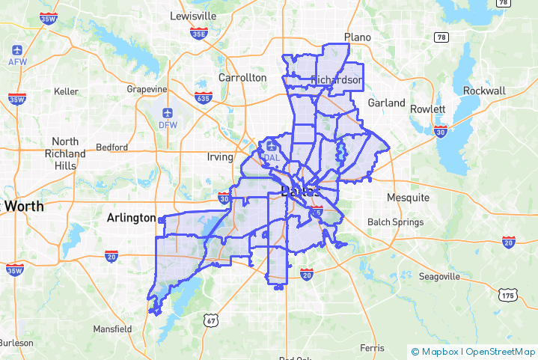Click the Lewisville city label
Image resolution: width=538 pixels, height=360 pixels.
coord(192,16)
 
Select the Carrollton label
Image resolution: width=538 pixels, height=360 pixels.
coord(242,77)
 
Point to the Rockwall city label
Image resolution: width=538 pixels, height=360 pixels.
coord(484,91)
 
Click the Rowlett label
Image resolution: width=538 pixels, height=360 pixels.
coord(427,109)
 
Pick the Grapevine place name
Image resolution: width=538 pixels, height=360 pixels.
coord(147,89)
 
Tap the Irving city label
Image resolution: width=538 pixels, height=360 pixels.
coord(220,157)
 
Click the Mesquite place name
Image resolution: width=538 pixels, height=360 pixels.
coord(408,198)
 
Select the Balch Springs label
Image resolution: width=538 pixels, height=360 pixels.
coord(395,222)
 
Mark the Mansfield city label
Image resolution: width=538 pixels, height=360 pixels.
coord(111,329)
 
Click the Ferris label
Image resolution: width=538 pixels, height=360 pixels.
coord(371,348)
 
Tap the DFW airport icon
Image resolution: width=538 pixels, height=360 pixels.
coord(167,113)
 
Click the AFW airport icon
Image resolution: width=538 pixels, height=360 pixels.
coord(17,50)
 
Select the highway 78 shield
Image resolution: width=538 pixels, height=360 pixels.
coord(442,37)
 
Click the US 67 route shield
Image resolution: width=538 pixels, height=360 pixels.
coord(211,320)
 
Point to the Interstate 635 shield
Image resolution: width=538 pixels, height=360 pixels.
coord(203,97)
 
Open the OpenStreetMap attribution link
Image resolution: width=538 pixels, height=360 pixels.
coord(501,351)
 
